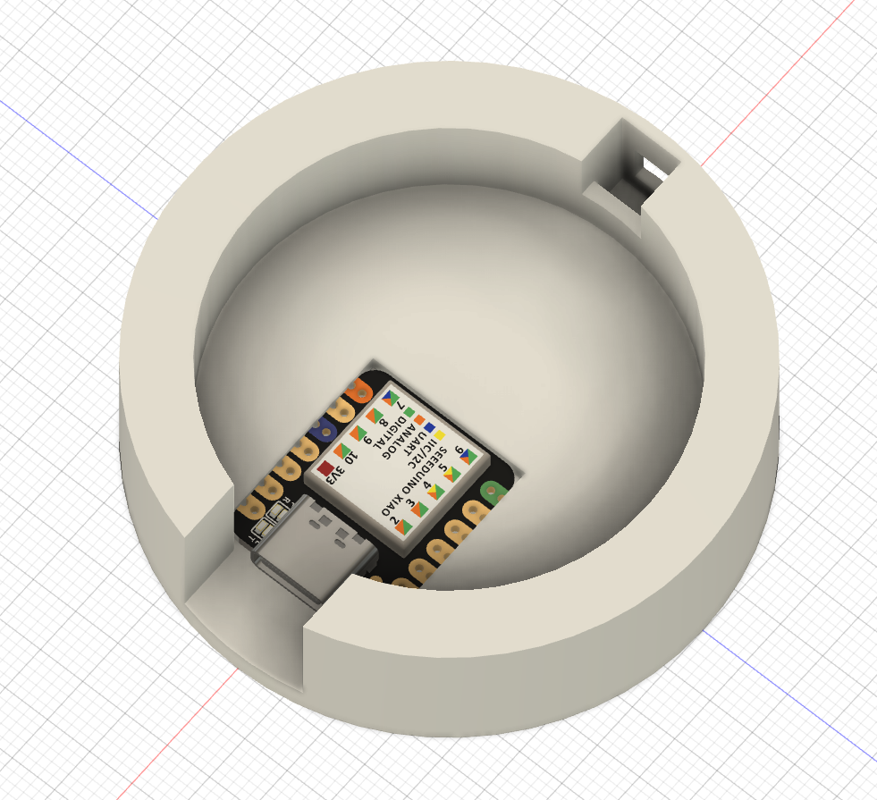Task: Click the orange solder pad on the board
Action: pyautogui.click(x=359, y=392)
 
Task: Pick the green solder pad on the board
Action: pyautogui.click(x=491, y=491)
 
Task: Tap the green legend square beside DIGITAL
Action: pyautogui.click(x=409, y=412)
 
